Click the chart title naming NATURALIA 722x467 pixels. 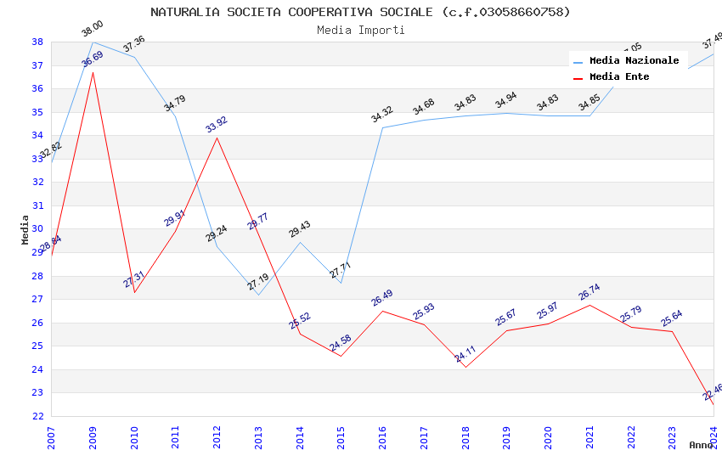pos(360,12)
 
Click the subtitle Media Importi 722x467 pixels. pos(360,30)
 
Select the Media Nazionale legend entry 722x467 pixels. pos(634,60)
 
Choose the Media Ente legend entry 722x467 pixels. pos(618,76)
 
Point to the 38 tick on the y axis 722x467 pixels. pos(37,42)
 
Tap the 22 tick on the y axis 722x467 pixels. pos(37,416)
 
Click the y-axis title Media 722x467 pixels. pos(25,229)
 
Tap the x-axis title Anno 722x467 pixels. pos(701,445)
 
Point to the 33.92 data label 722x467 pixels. pos(217,125)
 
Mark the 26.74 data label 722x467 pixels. pos(589,292)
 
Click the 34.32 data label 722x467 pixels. pos(382,115)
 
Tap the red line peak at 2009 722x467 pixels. pos(93,72)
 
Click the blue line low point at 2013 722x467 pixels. pos(258,295)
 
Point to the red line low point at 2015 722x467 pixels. pos(341,356)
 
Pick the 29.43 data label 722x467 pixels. pos(300,229)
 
